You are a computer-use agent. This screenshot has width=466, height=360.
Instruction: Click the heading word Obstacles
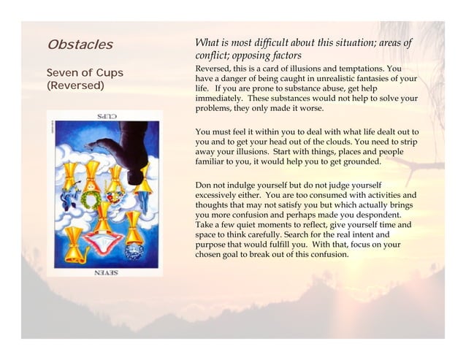tap(80, 45)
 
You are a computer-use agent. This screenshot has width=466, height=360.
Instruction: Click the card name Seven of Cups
tap(85, 74)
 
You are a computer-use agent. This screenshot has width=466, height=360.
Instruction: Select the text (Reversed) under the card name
tap(75, 86)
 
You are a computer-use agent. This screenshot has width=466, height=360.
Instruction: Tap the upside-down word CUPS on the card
tap(104, 117)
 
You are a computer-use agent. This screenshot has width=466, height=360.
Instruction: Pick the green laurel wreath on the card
tap(91, 198)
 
